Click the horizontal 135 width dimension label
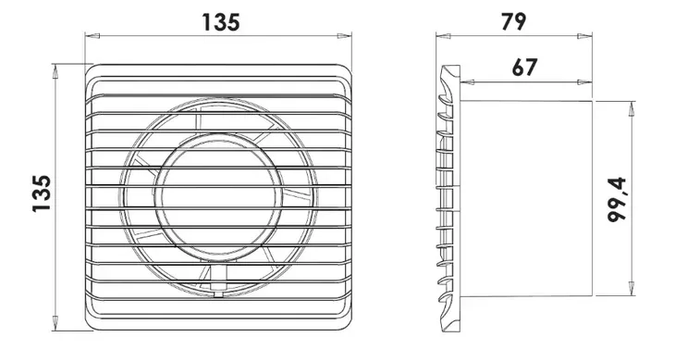220,22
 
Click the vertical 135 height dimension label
42,193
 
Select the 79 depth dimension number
513,21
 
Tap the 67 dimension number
525,68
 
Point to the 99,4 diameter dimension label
617,200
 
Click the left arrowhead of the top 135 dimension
92,36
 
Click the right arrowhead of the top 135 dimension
344,36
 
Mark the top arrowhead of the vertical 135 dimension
55,71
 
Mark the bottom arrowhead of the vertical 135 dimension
55,323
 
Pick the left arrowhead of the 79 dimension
444,36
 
